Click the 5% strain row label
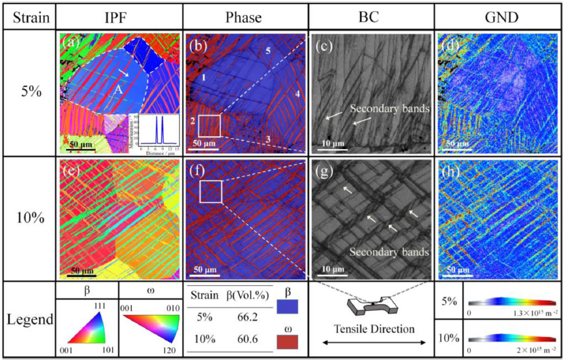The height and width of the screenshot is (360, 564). [28, 93]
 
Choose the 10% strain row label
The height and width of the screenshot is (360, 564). [28, 218]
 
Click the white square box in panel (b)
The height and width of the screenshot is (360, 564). [210, 127]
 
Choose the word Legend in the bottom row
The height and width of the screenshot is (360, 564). [28, 320]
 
